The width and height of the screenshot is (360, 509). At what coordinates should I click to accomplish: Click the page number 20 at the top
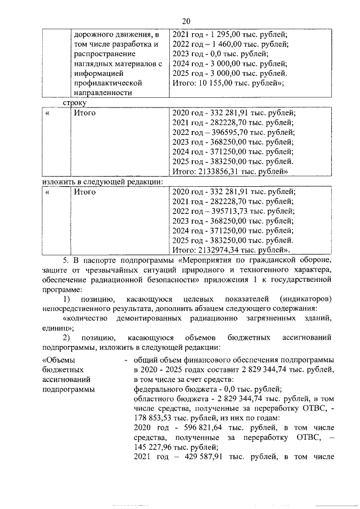(x=186, y=21)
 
